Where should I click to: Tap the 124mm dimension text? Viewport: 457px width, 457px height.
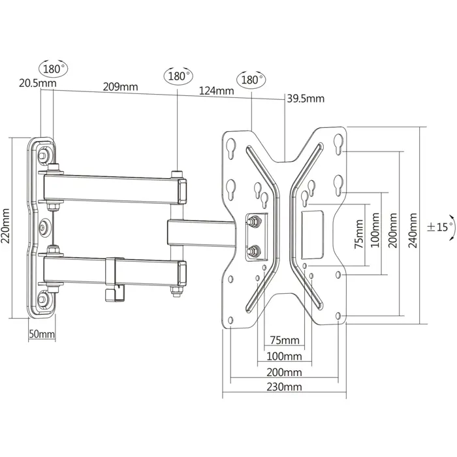(216, 91)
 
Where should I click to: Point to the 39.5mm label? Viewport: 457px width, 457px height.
(306, 99)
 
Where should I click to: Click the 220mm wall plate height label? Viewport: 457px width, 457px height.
(7, 225)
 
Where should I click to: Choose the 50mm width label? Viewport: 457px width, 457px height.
(42, 334)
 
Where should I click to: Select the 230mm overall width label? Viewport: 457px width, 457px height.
(285, 386)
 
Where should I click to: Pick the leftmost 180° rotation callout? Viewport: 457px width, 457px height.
(54, 68)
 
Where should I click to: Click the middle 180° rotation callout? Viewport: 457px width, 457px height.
(178, 76)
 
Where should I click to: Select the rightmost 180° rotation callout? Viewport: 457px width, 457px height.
(251, 80)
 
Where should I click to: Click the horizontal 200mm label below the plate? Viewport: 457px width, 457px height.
(285, 371)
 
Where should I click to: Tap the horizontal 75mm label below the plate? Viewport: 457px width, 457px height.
(285, 340)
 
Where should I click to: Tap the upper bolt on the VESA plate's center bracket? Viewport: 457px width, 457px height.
(254, 222)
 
